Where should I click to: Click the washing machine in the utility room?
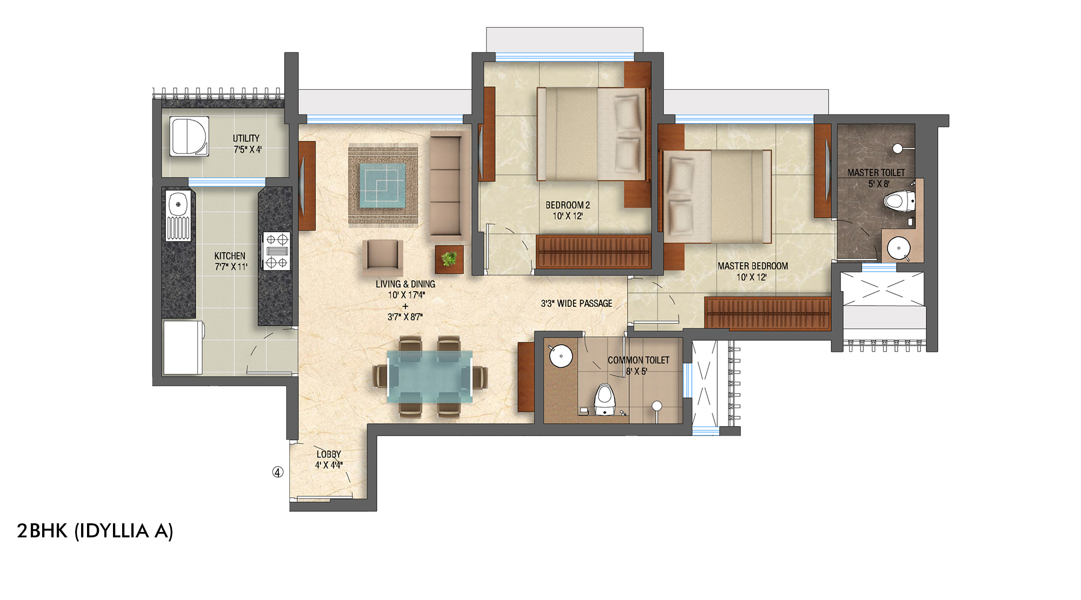[x=189, y=137]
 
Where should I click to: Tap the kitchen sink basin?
[x=177, y=205]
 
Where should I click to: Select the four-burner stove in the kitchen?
[x=277, y=251]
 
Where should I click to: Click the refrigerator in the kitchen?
[x=183, y=347]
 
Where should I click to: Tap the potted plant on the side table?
[x=449, y=259]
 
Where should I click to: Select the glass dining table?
[x=430, y=376]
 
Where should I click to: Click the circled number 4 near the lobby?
[x=277, y=472]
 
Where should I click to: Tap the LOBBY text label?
[x=329, y=454]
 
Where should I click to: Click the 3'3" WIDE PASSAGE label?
[x=576, y=304]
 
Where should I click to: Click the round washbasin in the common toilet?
[x=561, y=356]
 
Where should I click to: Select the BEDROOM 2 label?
[x=568, y=205]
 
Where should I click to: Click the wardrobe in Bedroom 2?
[x=593, y=252]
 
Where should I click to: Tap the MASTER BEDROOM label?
[x=752, y=266]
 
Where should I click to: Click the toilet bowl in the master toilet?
[x=898, y=201]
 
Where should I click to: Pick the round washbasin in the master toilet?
[x=899, y=248]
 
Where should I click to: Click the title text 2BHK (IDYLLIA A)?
[x=95, y=531]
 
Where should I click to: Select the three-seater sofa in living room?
[x=445, y=185]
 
